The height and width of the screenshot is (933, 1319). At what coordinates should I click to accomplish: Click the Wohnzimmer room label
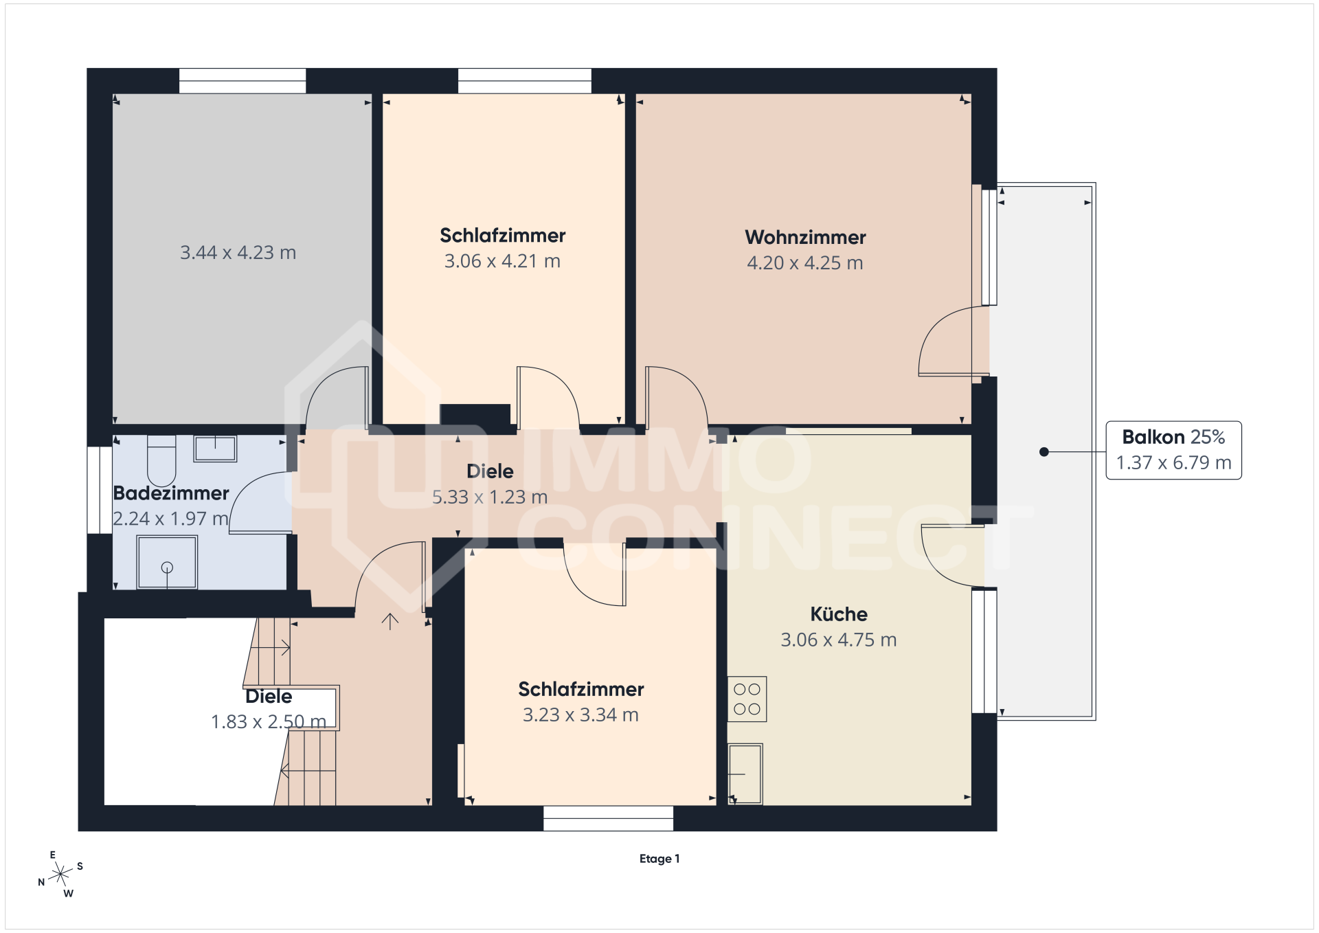click(x=805, y=238)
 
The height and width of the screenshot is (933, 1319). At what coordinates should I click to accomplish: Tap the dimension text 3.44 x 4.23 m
click(x=238, y=253)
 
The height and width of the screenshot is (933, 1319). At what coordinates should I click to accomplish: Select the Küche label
click(x=839, y=614)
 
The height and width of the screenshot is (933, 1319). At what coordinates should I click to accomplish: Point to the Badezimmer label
click(x=171, y=493)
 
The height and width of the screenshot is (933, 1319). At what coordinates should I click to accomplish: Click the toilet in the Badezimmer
click(x=161, y=460)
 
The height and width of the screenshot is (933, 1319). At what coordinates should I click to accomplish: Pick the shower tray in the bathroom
click(x=167, y=563)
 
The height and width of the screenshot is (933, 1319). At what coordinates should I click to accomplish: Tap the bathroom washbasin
click(x=215, y=449)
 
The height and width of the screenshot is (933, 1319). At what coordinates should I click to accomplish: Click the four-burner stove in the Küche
click(x=747, y=699)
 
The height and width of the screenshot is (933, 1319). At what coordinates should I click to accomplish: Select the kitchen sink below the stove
click(x=745, y=774)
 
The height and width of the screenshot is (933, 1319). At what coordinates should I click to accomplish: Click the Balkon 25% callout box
click(x=1173, y=450)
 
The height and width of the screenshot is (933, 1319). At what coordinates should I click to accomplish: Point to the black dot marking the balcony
click(x=1044, y=451)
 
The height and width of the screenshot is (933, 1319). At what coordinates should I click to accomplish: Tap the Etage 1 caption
click(x=659, y=859)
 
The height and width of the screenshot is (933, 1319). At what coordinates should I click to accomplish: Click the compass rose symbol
click(x=61, y=874)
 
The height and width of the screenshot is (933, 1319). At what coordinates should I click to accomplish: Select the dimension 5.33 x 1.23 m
click(x=490, y=497)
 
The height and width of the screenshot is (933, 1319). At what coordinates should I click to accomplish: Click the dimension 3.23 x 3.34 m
click(x=580, y=715)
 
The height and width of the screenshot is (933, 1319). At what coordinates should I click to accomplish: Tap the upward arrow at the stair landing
click(x=390, y=621)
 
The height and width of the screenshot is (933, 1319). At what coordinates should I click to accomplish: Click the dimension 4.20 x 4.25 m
click(x=805, y=263)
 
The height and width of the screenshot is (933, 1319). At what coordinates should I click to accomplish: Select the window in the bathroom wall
click(x=100, y=490)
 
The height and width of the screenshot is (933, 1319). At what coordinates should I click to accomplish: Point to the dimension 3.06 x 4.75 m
click(x=839, y=640)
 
